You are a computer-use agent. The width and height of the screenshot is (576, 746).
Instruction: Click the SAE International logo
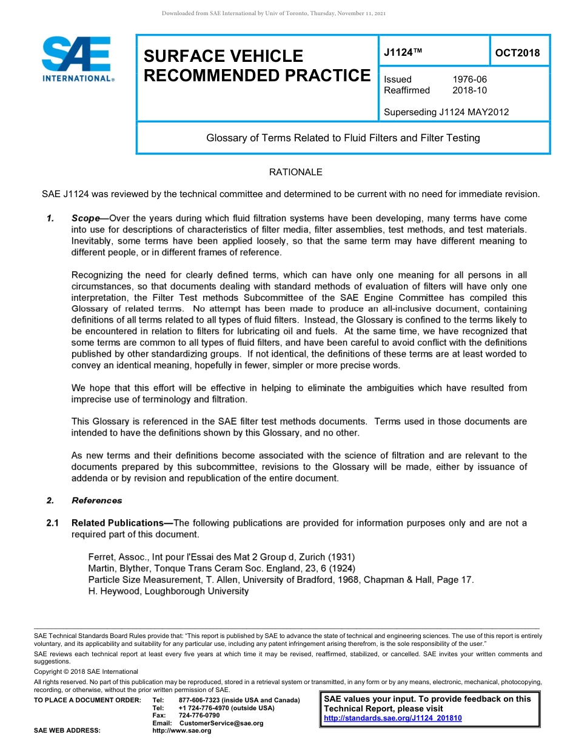pos(78,59)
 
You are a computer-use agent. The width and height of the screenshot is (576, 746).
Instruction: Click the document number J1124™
pos(403,53)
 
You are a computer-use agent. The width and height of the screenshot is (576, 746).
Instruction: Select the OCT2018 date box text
pos(517,53)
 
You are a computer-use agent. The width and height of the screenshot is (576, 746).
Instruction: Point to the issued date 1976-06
pos(469,79)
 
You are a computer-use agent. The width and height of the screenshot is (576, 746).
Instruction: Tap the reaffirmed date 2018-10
pos(469,90)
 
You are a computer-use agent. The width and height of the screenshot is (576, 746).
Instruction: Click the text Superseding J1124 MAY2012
pos(446,112)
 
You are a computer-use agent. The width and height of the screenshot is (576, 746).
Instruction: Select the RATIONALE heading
pos(295,172)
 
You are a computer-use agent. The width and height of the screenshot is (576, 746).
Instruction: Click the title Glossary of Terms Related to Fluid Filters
pos(343,138)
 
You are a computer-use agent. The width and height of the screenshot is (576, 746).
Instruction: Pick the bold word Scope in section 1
pos(85,218)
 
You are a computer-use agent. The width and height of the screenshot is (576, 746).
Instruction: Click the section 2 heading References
pos(96,500)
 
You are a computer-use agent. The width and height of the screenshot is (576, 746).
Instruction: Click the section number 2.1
pos(53,523)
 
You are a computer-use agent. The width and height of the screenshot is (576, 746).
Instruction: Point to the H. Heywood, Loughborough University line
pos(169,591)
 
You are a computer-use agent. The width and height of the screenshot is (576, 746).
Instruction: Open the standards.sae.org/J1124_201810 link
pos(393,718)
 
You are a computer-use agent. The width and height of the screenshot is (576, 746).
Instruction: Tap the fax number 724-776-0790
pos(199,716)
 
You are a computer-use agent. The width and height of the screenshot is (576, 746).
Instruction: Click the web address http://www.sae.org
pos(182,731)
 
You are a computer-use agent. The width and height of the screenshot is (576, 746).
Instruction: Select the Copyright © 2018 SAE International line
pos(86,671)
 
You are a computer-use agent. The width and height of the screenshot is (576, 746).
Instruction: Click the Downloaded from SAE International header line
pos(273,13)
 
